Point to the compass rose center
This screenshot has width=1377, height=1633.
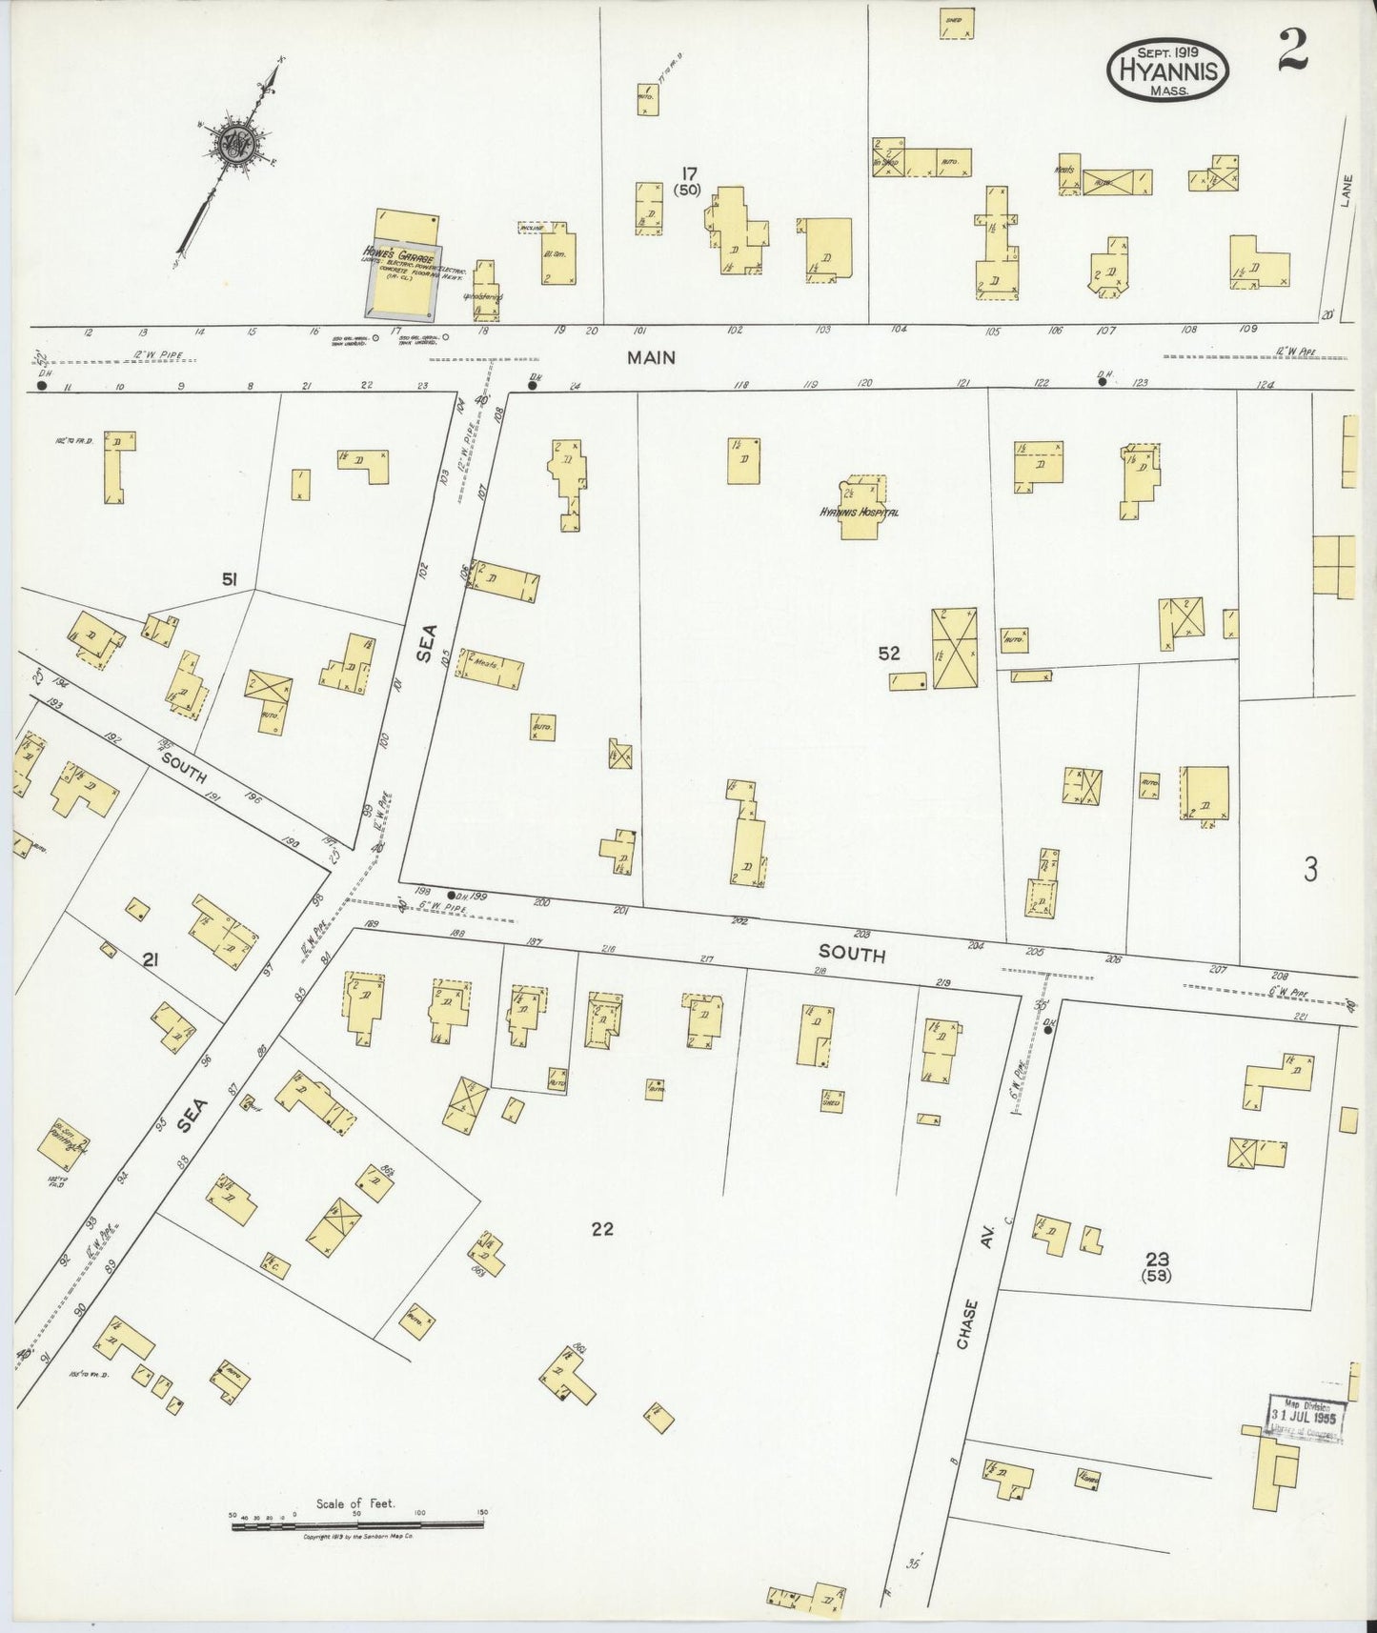point(233,146)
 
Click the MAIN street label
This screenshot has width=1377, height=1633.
point(651,357)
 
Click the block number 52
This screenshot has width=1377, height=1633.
point(888,654)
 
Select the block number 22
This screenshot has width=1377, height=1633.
point(601,1229)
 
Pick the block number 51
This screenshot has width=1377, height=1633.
point(230,578)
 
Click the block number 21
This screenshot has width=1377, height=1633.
point(150,961)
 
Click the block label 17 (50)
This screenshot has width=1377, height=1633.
point(688,180)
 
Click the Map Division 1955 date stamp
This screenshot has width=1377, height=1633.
point(1306,1421)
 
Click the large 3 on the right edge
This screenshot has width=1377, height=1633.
point(1310,869)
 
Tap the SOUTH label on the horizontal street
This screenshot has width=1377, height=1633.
point(851,953)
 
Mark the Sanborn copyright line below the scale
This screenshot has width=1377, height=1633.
point(357,1537)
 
